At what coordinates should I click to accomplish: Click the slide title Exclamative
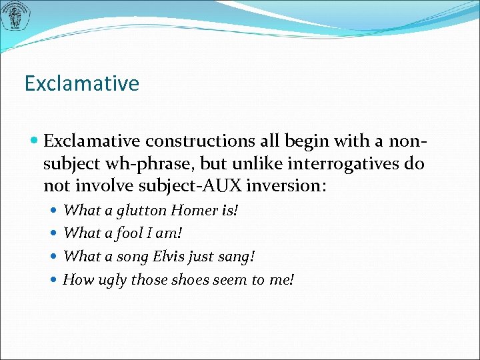click(81, 84)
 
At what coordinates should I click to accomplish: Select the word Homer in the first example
click(194, 211)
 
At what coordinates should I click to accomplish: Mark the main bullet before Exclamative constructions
click(34, 141)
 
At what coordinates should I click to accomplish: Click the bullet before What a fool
click(55, 233)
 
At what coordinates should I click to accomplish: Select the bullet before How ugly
click(55, 279)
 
